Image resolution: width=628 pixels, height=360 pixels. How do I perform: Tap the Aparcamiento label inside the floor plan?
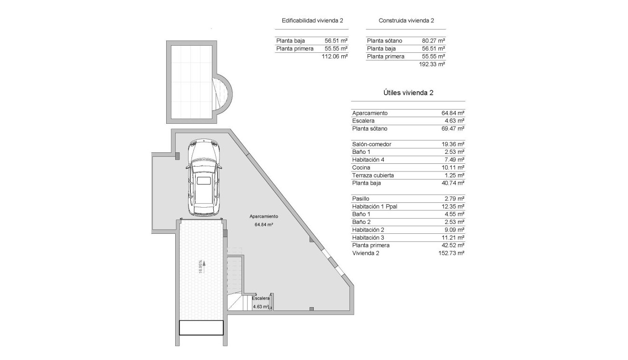[x=263, y=216]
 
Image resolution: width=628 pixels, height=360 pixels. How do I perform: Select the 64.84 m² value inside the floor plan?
[x=263, y=224]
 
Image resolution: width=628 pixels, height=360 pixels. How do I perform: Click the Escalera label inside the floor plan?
[x=261, y=298]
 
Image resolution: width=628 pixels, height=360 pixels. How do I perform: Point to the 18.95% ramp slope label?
[x=200, y=266]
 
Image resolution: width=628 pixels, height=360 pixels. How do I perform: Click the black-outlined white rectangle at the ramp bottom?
[x=201, y=328]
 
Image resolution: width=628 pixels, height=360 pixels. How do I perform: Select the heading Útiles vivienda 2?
[x=408, y=93]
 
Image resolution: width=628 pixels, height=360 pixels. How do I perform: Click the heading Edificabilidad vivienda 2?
[x=312, y=20]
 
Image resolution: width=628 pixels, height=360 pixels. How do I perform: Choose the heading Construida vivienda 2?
[x=406, y=20]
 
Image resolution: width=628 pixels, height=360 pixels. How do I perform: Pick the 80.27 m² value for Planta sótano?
[x=433, y=41]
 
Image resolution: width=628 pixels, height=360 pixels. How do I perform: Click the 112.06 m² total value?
[x=335, y=56]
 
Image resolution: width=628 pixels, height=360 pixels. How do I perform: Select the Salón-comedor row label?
[x=372, y=144]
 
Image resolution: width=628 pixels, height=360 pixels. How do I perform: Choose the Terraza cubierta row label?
[x=373, y=175]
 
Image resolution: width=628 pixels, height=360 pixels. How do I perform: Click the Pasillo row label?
[x=361, y=199]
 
